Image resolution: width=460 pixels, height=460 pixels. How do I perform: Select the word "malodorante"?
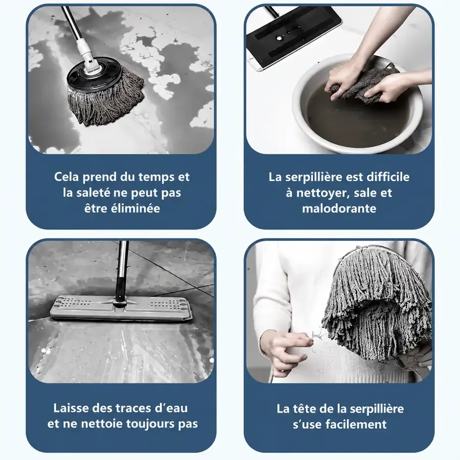(x=339, y=209)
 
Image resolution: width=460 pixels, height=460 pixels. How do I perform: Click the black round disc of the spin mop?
(x=94, y=75)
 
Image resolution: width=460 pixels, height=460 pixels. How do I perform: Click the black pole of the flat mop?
(x=121, y=273)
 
